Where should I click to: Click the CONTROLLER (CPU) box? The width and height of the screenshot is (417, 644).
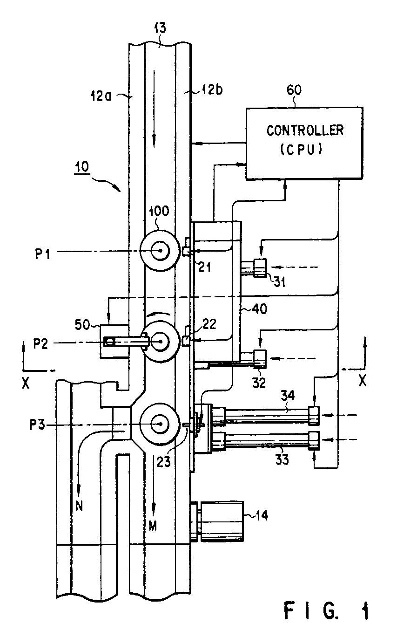point(304,143)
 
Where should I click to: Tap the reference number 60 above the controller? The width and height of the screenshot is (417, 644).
point(294,90)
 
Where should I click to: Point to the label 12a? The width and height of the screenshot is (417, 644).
point(101,96)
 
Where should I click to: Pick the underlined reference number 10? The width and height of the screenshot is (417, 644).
point(81,167)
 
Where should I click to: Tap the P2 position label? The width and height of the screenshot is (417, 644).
point(41,344)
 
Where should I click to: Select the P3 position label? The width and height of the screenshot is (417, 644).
point(37,425)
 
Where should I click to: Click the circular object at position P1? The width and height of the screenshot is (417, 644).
point(158,251)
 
